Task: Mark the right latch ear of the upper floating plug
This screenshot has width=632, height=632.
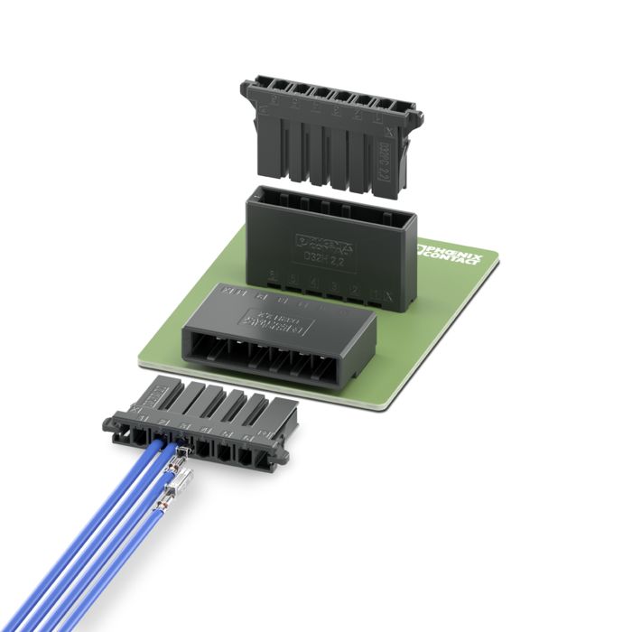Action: coord(416,117)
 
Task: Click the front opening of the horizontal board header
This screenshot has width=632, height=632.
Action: coord(270,352)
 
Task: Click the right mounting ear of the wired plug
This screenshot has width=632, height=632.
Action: coord(283,457)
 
